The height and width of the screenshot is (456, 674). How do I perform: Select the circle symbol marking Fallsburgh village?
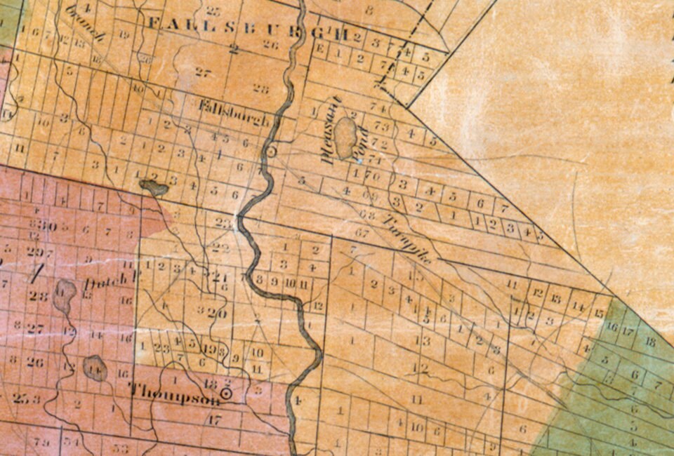[271, 151]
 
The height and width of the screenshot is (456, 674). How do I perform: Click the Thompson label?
[174, 394]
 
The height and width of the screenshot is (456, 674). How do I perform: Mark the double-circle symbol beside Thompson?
[226, 394]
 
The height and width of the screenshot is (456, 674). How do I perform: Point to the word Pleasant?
[328, 130]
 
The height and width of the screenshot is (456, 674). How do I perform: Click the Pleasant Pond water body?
[345, 137]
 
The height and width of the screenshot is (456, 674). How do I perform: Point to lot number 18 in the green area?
[649, 342]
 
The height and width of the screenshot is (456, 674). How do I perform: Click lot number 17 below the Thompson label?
[215, 420]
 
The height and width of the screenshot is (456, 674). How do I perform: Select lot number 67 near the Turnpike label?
[362, 232]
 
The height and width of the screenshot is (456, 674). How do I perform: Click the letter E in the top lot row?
[320, 49]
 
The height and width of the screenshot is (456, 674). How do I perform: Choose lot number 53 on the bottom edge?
[121, 448]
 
